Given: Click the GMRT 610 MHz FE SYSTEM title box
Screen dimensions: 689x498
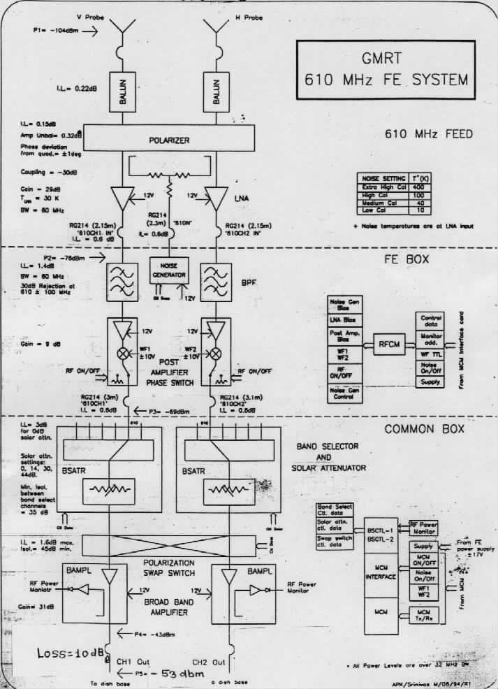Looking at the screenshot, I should click(x=386, y=71).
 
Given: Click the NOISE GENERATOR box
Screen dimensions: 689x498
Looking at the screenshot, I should click(x=169, y=270).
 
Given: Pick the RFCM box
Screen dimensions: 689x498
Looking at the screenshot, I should click(x=388, y=343).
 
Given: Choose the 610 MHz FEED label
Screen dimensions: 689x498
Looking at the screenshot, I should click(x=428, y=133).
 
